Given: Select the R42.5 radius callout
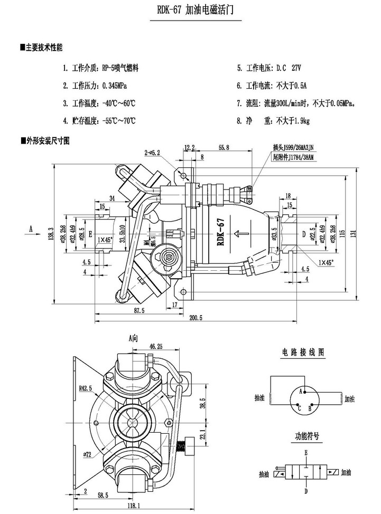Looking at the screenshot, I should (x=85, y=388).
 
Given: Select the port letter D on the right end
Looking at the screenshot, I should (x=303, y=233).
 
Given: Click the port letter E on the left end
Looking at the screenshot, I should (x=90, y=233).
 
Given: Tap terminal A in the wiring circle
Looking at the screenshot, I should (x=301, y=391).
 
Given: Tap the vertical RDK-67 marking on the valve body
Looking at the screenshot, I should (x=221, y=232).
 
